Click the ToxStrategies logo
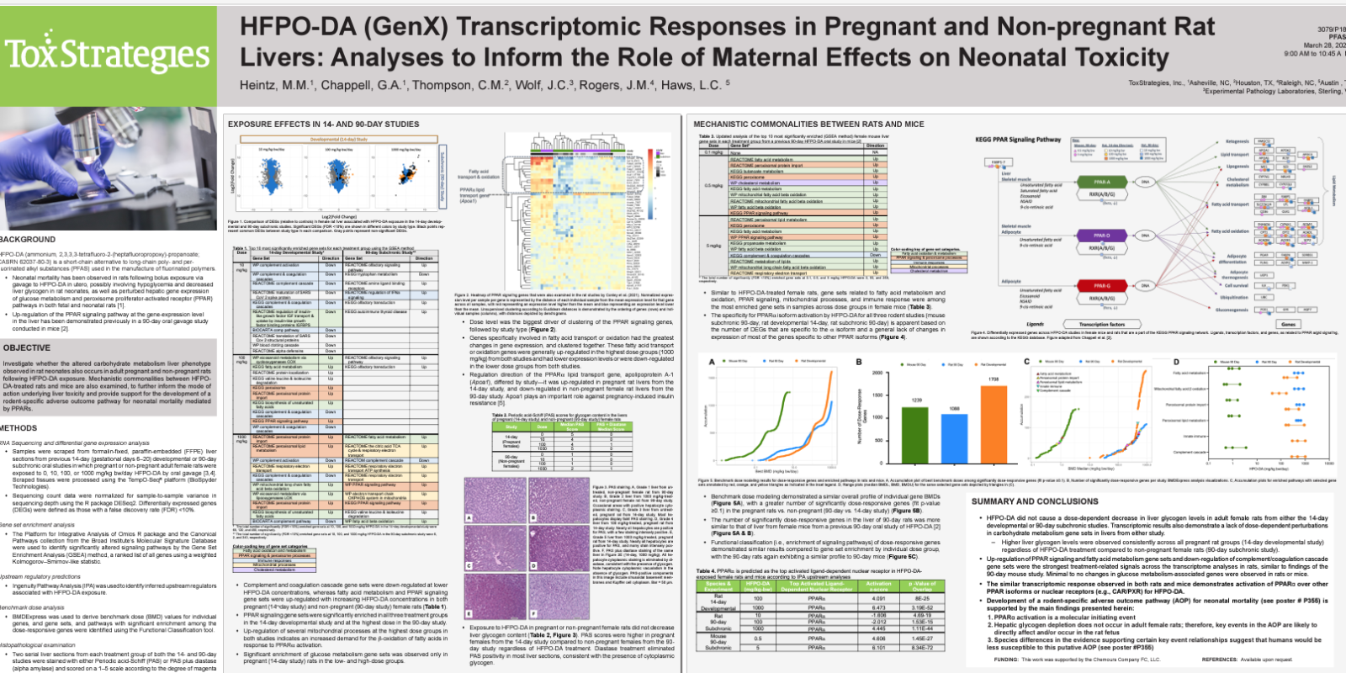[108, 56]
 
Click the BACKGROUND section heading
[28, 240]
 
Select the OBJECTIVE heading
[27, 347]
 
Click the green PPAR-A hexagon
[1101, 182]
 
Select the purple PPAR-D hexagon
[1101, 236]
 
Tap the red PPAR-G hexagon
[1101, 286]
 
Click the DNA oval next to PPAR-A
[1145, 182]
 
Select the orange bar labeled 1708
[993, 421]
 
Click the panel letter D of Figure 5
[1176, 363]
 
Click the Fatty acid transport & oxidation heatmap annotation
[479, 174]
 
